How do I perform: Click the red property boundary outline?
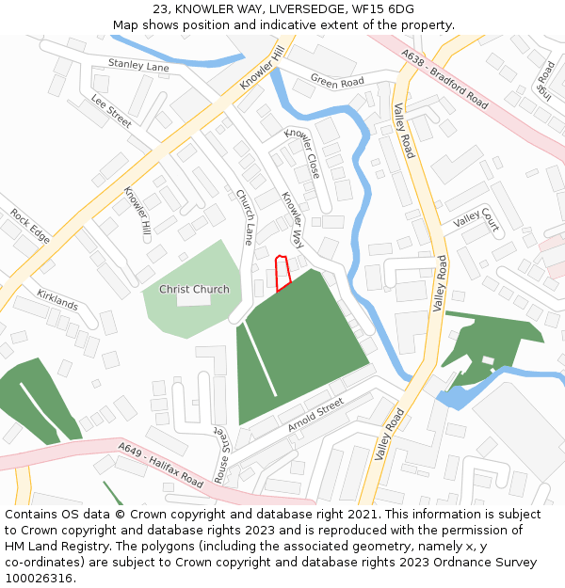[281, 273]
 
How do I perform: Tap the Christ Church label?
[194, 289]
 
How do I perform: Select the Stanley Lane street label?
[138, 65]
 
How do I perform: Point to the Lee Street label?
[111, 111]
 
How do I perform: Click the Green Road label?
[337, 83]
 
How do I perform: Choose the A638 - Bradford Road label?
[444, 80]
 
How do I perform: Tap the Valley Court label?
[476, 220]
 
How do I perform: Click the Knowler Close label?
[302, 152]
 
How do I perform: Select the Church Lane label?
[245, 216]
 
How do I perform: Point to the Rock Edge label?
[30, 226]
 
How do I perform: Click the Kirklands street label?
[57, 301]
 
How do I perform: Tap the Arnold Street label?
[316, 415]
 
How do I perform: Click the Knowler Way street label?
[293, 215]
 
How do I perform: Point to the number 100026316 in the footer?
[39, 579]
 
